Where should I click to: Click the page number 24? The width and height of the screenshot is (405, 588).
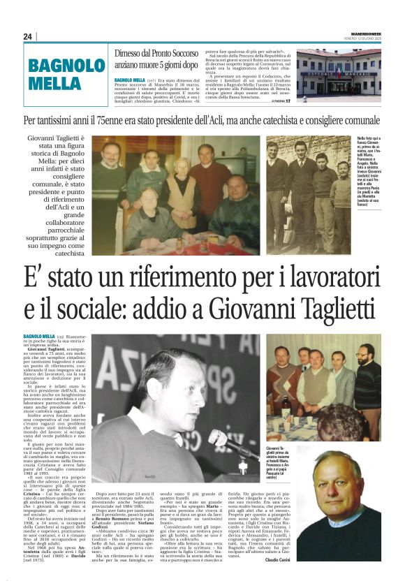[x=28, y=36]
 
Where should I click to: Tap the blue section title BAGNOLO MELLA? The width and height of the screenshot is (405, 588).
[x=66, y=73]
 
